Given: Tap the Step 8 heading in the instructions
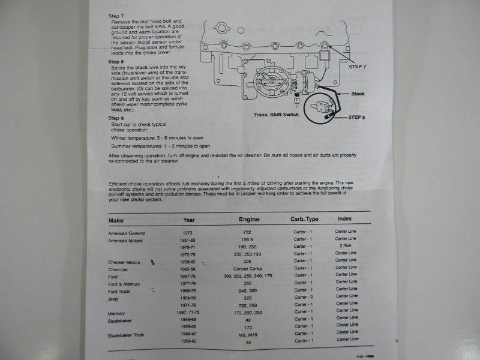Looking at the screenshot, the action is pyautogui.click(x=116, y=62).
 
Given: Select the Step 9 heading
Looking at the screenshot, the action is pyautogui.click(x=116, y=118).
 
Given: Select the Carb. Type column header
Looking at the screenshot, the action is pyautogui.click(x=304, y=219).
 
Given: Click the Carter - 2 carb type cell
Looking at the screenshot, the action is pyautogui.click(x=304, y=297).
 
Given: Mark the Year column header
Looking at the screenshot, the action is pyautogui.click(x=188, y=220).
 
